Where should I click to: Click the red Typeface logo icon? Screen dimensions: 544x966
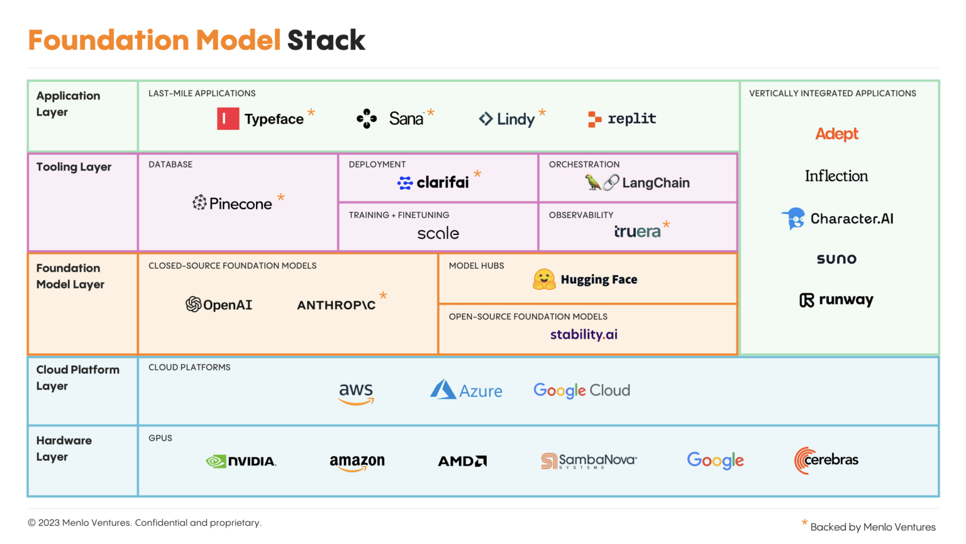pos(228,118)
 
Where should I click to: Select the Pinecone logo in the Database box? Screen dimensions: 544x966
pos(232,203)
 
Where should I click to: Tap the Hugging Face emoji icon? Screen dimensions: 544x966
pos(544,279)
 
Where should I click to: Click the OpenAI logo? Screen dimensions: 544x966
pos(219,305)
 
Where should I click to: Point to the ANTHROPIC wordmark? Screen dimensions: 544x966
pos(336,305)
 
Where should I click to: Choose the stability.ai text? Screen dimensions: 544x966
pos(584,334)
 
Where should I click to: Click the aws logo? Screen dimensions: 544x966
pos(356,393)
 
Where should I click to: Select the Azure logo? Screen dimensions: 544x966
pos(466,390)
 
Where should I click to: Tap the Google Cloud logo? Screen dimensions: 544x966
pos(582,390)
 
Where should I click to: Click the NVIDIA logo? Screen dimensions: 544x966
pos(241,462)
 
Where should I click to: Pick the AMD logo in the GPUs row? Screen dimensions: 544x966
pos(462,462)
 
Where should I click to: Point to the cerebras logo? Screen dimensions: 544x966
pos(826,460)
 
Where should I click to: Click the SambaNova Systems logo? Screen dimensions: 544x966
pos(589,461)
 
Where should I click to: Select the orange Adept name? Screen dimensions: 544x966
pos(836,133)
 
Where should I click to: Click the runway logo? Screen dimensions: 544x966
pos(836,300)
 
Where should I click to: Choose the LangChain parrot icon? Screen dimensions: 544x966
pos(593,183)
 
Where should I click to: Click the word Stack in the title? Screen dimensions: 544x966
pos(326,40)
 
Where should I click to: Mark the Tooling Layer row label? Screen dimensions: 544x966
pos(74,167)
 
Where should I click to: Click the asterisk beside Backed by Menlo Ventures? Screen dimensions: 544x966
pos(804,523)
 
